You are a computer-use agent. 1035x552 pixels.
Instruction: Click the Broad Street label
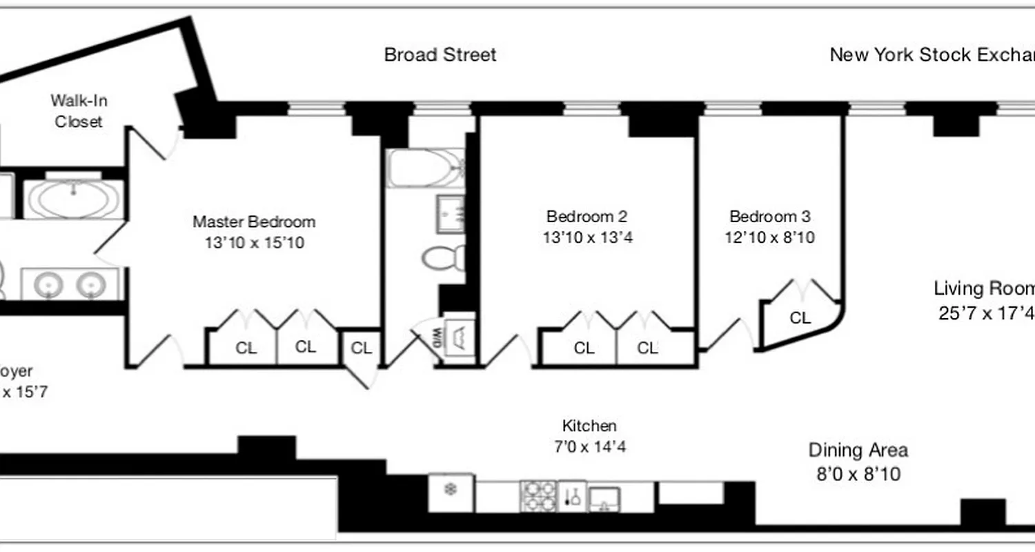tap(440, 55)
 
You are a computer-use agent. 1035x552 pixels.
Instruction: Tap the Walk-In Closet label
tap(79, 110)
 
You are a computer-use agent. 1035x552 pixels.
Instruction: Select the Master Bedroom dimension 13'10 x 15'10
tap(254, 243)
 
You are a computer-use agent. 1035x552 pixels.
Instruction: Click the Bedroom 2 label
tap(586, 217)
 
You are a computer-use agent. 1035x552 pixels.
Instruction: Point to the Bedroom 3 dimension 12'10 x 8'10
tap(769, 237)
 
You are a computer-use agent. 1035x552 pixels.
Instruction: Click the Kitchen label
tap(589, 426)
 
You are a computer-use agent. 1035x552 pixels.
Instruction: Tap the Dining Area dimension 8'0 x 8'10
tap(858, 475)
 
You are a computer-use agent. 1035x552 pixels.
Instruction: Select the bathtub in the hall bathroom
tap(425, 168)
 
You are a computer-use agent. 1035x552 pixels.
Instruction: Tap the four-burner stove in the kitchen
tap(538, 495)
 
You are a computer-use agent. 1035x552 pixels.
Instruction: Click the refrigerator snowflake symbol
tap(451, 490)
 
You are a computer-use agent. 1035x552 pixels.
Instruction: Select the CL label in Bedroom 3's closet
tap(800, 318)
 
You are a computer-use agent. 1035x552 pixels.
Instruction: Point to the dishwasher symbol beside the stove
tap(572, 496)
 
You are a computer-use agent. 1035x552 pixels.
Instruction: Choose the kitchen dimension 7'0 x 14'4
tap(589, 447)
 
